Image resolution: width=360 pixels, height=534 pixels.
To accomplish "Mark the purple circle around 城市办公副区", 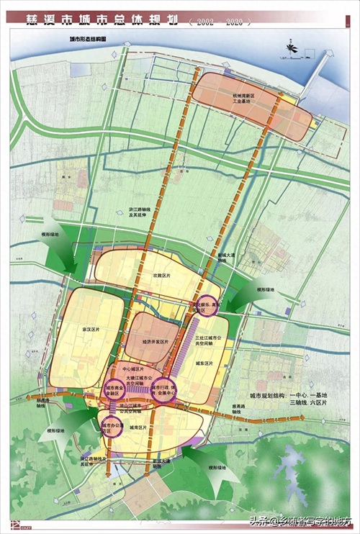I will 112,426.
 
